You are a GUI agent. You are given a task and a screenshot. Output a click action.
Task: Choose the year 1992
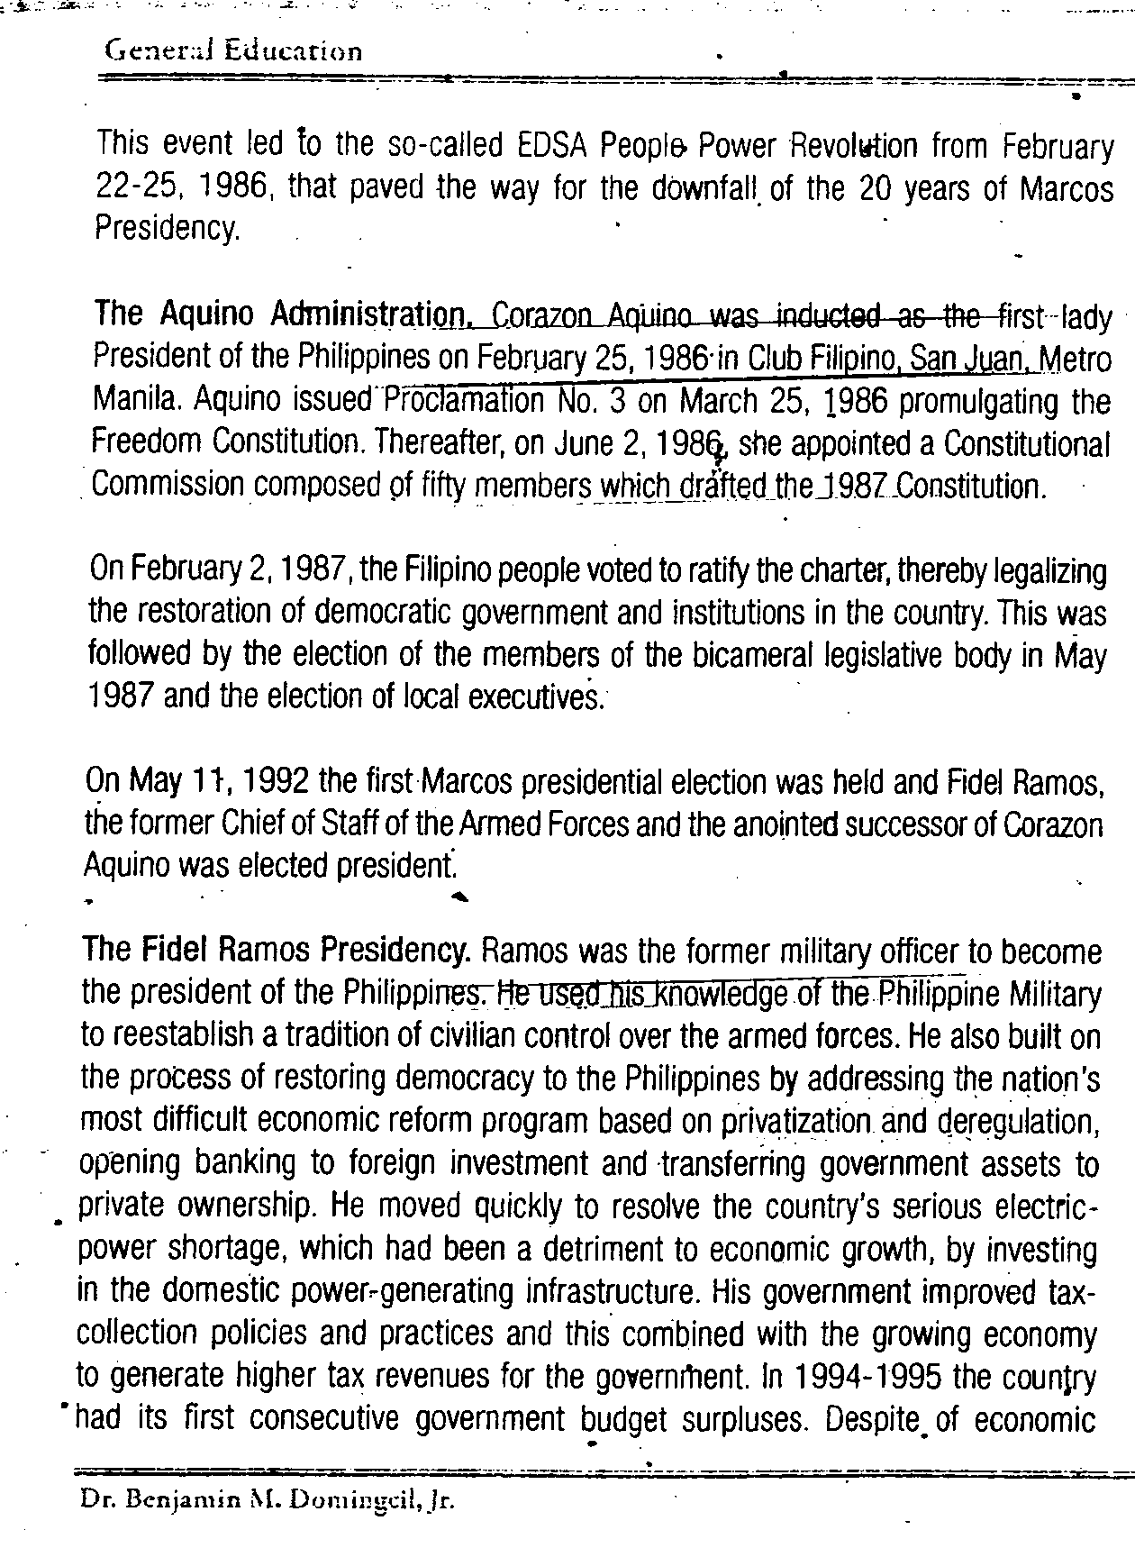pyautogui.click(x=277, y=780)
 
